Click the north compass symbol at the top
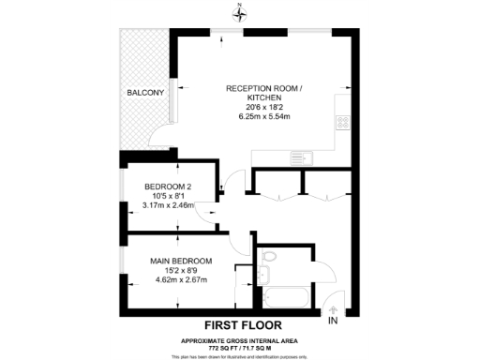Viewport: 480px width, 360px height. (x=240, y=12)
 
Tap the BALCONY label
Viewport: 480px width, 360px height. (x=145, y=93)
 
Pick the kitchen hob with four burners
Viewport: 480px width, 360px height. (x=343, y=122)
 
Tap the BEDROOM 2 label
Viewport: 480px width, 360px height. (x=167, y=185)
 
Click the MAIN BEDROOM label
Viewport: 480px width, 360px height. (x=181, y=260)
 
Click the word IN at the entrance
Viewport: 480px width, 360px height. (x=333, y=322)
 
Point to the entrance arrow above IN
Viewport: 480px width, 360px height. (x=333, y=309)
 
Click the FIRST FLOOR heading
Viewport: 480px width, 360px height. (x=240, y=326)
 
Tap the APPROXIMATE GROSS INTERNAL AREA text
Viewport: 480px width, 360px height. (x=240, y=339)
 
